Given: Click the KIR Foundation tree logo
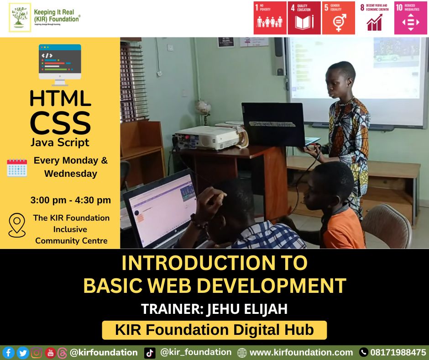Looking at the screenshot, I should [20, 18].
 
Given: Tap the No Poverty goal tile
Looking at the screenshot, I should [270, 18].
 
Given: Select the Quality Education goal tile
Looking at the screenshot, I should [303, 18].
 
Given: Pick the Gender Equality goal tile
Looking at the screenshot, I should [338, 18].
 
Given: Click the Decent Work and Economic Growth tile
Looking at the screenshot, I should [375, 18].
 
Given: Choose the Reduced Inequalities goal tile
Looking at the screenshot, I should [411, 18].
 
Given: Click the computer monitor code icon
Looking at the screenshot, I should [60, 64].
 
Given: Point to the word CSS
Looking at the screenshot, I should [60, 122].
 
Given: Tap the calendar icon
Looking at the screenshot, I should [17, 168].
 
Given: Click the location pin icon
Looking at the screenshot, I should [17, 225].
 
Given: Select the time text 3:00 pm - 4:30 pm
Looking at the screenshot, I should [70, 200].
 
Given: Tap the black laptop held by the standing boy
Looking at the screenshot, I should [273, 124].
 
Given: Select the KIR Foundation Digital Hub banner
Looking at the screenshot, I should [214, 330].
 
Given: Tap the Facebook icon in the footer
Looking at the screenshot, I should [9, 353].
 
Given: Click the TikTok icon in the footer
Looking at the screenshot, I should [150, 353].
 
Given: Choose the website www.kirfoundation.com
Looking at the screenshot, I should [301, 353].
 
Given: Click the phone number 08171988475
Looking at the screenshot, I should [398, 353].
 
